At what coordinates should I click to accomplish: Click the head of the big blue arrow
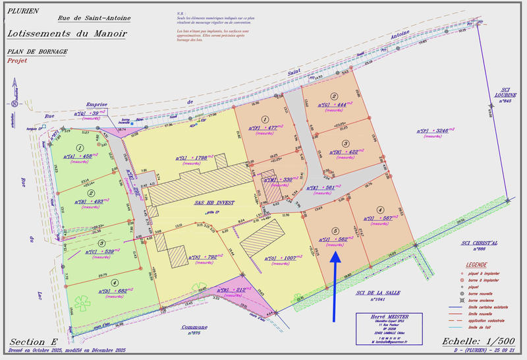pos(335,256)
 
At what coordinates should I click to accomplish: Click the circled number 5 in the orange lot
pos(335,231)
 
